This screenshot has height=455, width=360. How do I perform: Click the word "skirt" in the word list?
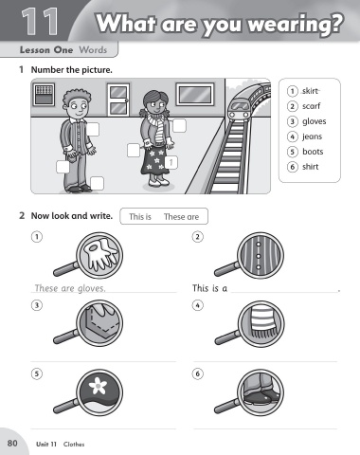311,91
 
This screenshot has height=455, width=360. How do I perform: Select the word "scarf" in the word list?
311,106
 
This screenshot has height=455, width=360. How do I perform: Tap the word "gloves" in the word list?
315,121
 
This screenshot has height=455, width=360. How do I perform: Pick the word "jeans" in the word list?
312,136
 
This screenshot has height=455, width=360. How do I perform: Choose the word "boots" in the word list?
313,152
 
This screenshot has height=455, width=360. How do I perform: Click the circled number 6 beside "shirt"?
293,167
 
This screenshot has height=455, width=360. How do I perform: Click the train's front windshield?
239,106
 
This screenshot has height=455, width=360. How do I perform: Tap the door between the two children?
118,100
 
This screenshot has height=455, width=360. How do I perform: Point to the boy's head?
77,104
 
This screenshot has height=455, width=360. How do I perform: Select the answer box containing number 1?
171,163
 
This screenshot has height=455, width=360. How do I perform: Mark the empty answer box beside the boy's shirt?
93,130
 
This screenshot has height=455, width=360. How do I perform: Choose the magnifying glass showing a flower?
88,391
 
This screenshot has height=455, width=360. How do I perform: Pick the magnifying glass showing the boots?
249,391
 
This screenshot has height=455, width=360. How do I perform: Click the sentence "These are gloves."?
70,288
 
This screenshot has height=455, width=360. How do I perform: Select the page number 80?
12,443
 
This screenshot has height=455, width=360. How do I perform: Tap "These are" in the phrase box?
181,217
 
